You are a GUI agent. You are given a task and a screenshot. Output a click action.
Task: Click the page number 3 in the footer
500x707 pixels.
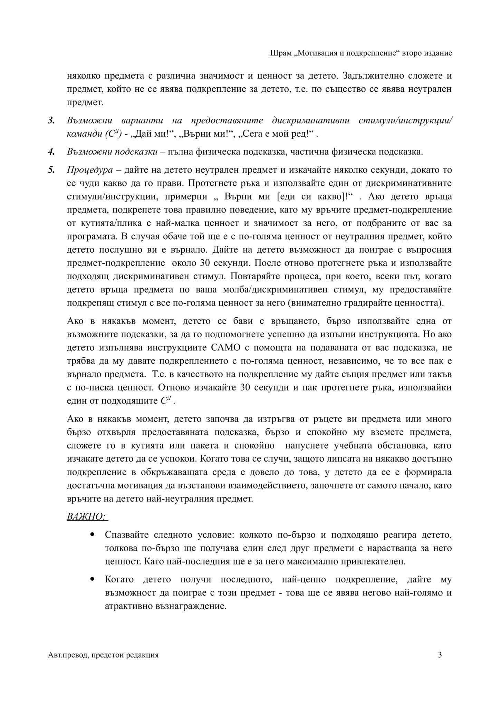click(x=440, y=655)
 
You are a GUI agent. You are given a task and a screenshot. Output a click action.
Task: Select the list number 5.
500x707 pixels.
click(x=51, y=170)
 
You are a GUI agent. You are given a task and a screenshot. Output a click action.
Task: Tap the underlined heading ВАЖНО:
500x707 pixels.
click(x=87, y=516)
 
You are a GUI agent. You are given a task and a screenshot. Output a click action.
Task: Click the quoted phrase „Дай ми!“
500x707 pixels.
click(x=154, y=134)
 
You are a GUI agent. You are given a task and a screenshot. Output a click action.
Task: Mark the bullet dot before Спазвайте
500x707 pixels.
click(x=92, y=534)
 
